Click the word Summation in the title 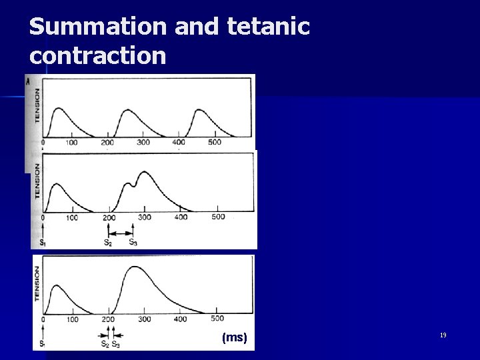click(97, 27)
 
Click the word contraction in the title click(97, 55)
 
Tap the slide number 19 click(443, 335)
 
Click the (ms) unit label click(235, 338)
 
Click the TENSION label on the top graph click(37, 105)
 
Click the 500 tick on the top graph click(215, 142)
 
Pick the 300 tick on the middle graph click(145, 217)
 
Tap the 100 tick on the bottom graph click(73, 319)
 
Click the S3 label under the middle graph click(133, 243)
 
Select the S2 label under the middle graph click(108, 243)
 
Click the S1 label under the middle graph click(43, 243)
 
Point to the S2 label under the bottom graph click(105, 344)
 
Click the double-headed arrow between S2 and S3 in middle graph click(121, 233)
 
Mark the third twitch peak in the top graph click(199, 109)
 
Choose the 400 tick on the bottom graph click(181, 319)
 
